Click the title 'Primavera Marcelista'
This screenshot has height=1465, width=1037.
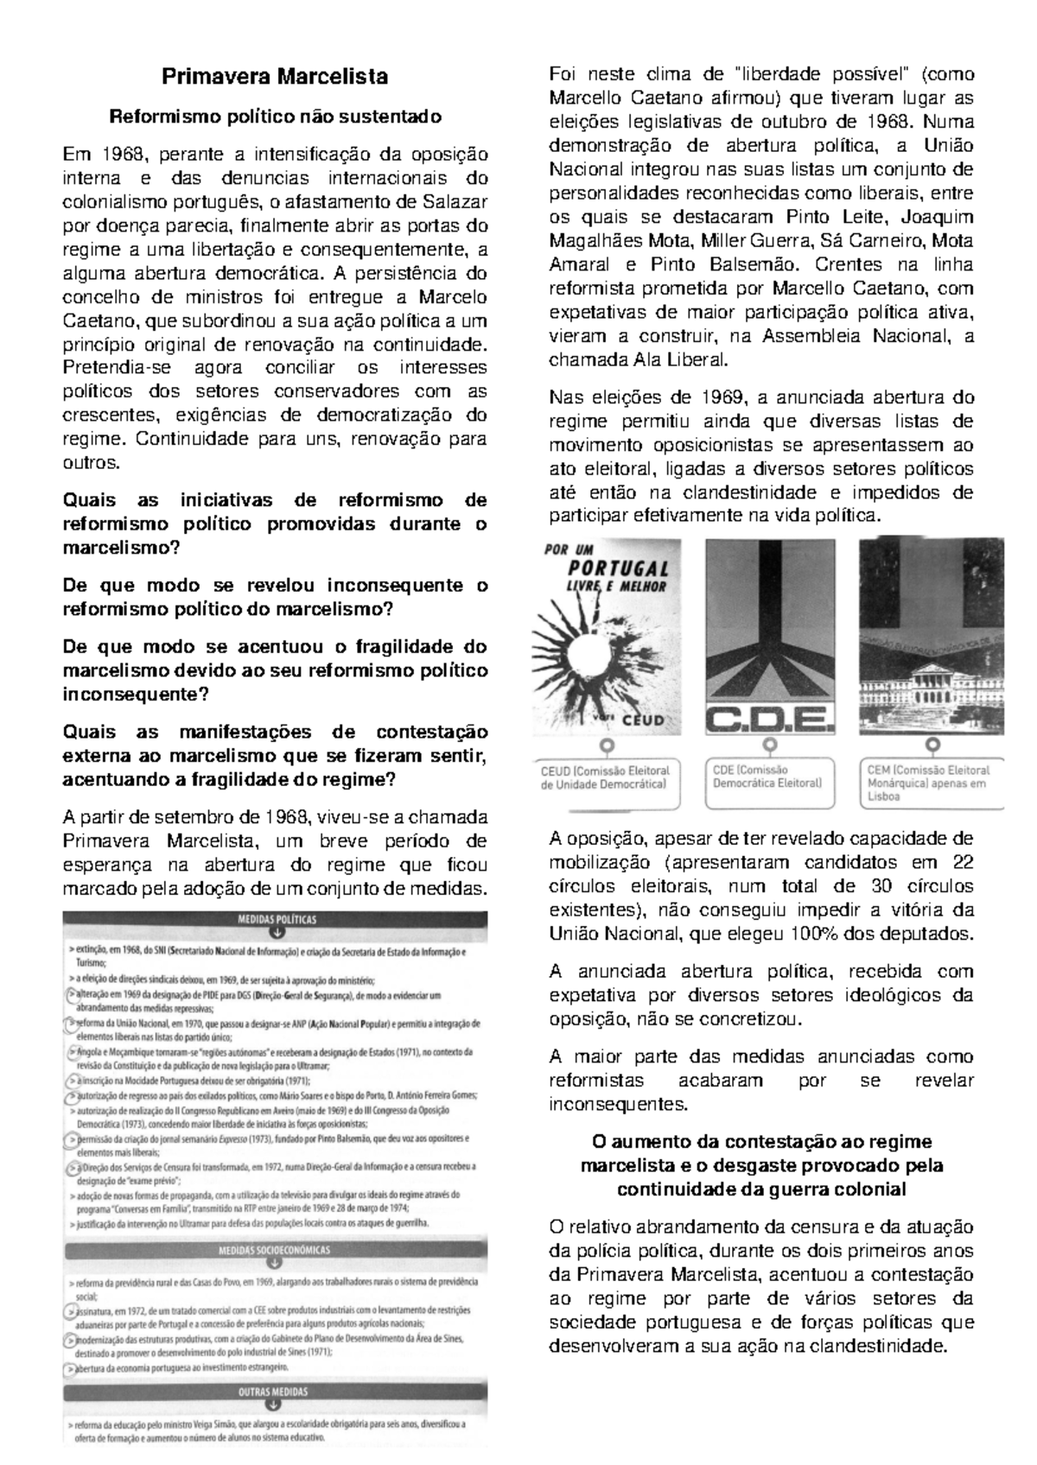[x=276, y=77]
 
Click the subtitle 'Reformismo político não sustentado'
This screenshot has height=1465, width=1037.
[x=276, y=117]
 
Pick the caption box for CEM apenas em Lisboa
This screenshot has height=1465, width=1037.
[x=932, y=783]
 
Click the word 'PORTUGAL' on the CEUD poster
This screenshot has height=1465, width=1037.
[x=618, y=569]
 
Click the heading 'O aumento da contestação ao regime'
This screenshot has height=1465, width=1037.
[x=761, y=1141]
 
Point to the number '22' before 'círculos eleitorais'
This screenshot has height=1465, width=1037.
[x=962, y=862]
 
